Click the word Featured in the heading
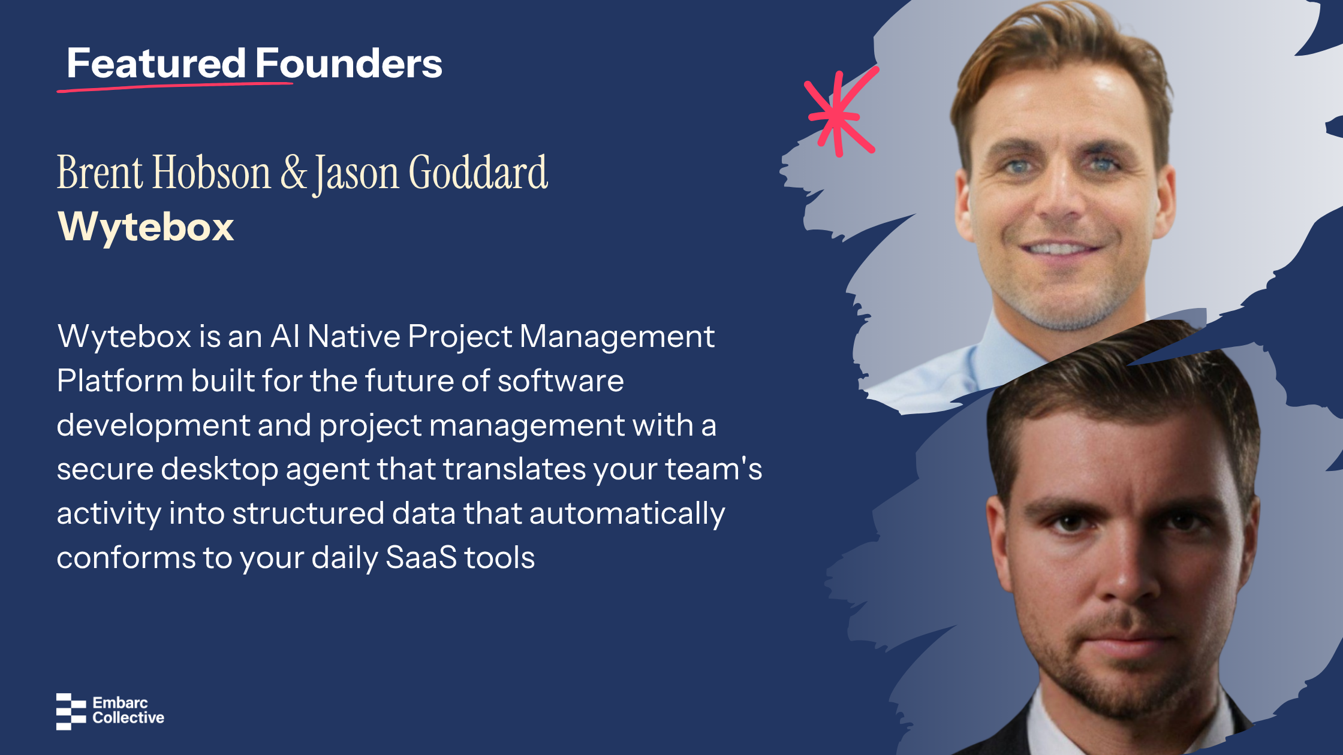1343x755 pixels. coord(156,63)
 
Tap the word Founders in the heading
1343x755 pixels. coord(349,63)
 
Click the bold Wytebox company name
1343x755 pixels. coord(146,227)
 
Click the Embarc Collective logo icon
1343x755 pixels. coord(71,711)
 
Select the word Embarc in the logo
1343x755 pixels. coord(120,703)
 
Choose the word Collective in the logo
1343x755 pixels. coord(128,718)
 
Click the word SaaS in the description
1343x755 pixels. coord(421,558)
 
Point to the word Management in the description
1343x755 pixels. coord(617,337)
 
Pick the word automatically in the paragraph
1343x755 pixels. coord(627,514)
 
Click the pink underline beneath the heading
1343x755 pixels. coord(175,87)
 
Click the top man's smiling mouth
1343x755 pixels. coord(1062,247)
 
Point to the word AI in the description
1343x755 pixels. coord(285,337)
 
